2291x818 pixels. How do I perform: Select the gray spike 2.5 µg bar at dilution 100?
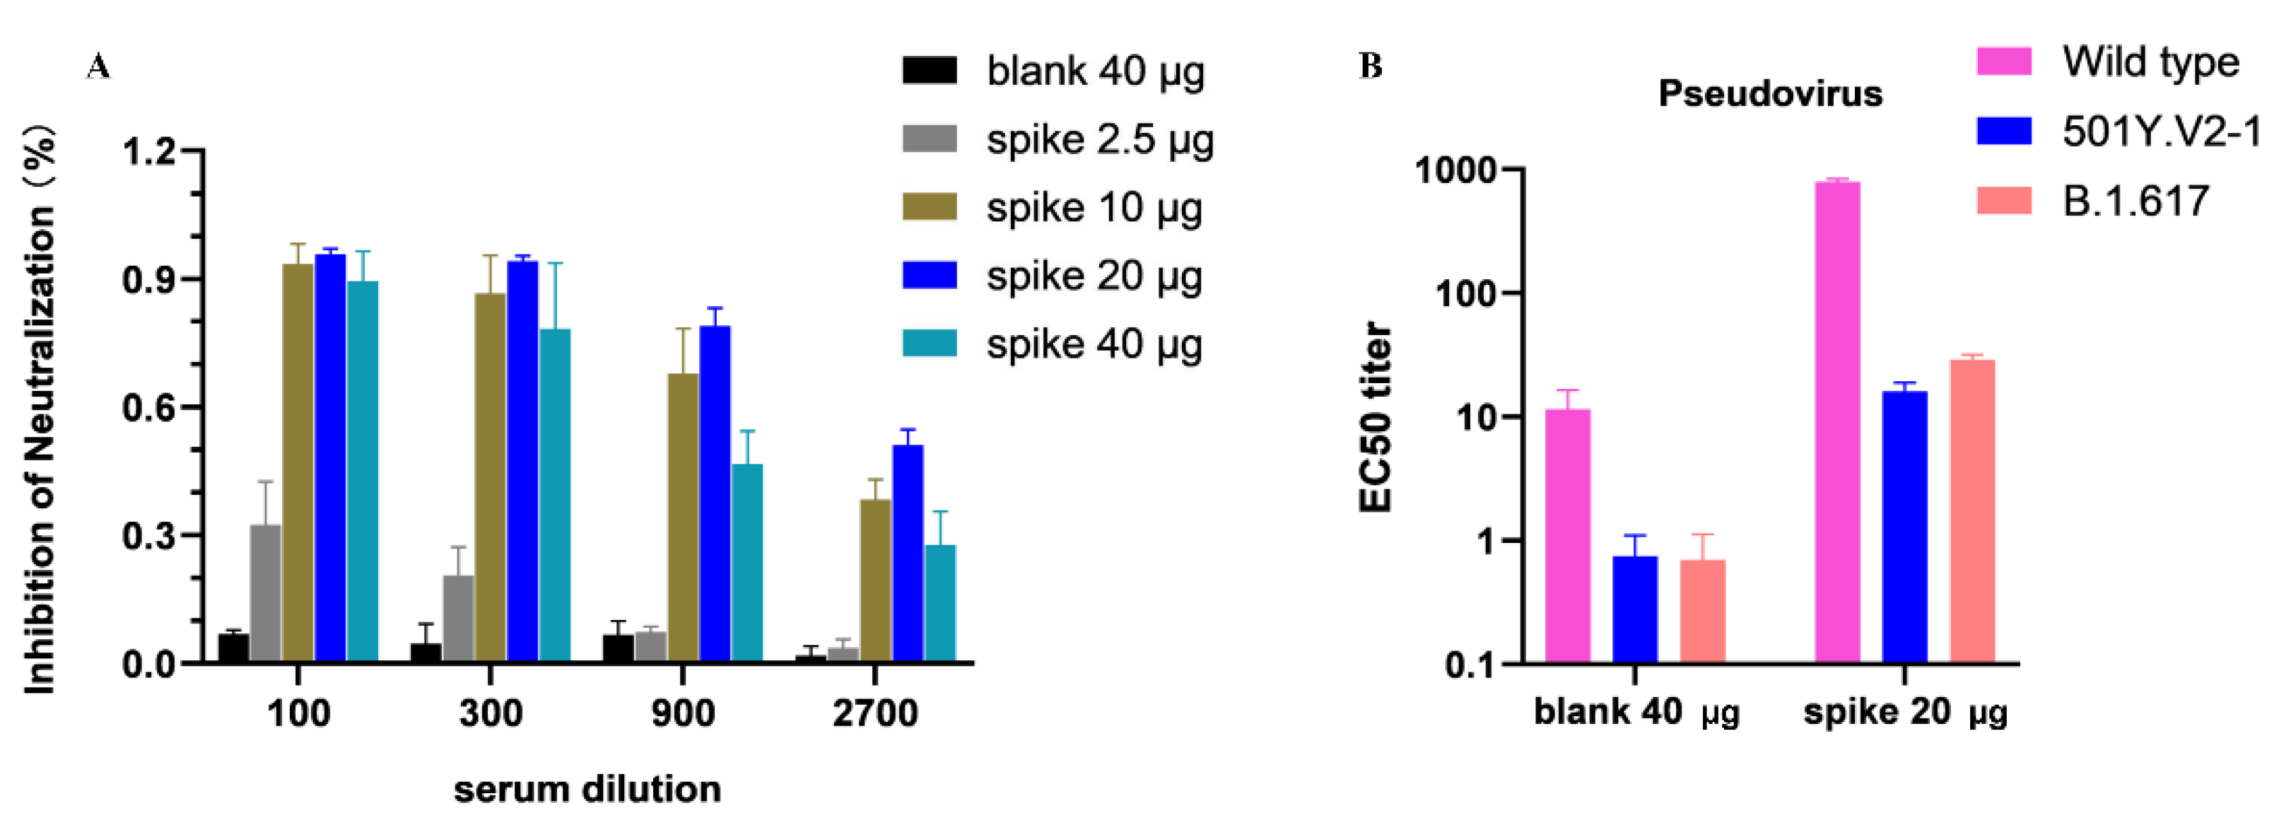265,593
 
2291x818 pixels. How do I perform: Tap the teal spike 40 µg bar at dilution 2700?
940,604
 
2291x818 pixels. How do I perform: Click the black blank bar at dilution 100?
233,648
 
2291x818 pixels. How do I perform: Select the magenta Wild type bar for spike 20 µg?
1836,422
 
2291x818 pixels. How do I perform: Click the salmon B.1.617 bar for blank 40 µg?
1702,611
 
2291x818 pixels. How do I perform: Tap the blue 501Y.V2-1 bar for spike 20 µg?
1904,527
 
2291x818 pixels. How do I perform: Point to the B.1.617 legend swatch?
2004,200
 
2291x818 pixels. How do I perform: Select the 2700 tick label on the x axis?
874,713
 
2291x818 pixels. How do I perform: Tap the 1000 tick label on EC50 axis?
1455,169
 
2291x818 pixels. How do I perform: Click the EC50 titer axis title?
1375,417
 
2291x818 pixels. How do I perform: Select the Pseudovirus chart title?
1770,93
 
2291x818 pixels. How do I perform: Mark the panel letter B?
1371,66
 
